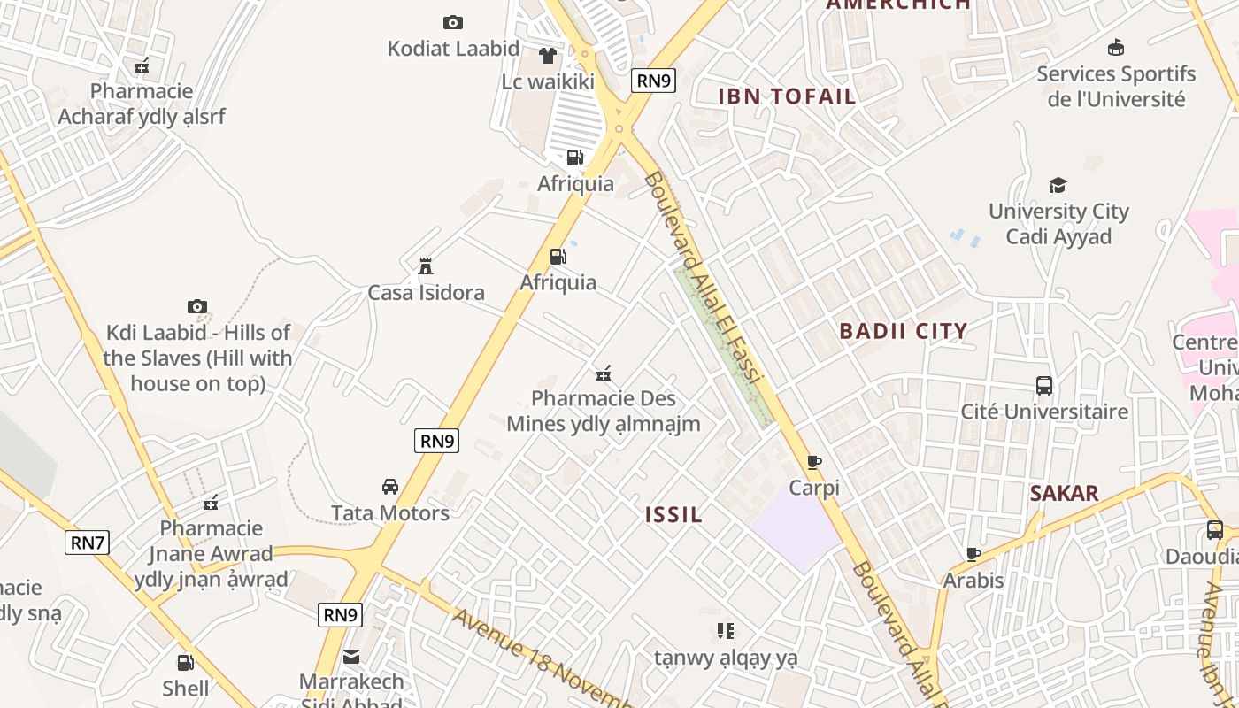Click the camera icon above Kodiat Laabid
click(x=453, y=22)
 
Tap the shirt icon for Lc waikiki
click(x=548, y=56)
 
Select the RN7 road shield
click(x=87, y=543)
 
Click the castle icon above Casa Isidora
click(x=426, y=265)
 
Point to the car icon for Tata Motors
click(x=390, y=487)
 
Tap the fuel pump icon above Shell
click(x=186, y=662)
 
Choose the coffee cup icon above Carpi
click(x=814, y=462)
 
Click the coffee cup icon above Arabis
click(x=973, y=555)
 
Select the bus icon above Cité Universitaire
click(x=1044, y=386)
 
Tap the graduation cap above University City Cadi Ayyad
click(x=1058, y=185)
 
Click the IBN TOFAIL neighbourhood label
click(x=787, y=96)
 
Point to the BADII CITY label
click(x=904, y=331)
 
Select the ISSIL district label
click(x=673, y=515)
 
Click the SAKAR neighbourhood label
click(x=1064, y=494)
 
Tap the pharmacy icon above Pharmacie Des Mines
click(x=604, y=373)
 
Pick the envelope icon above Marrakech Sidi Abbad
click(x=351, y=657)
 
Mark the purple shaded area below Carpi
click(x=795, y=529)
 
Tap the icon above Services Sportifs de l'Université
click(x=1116, y=48)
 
